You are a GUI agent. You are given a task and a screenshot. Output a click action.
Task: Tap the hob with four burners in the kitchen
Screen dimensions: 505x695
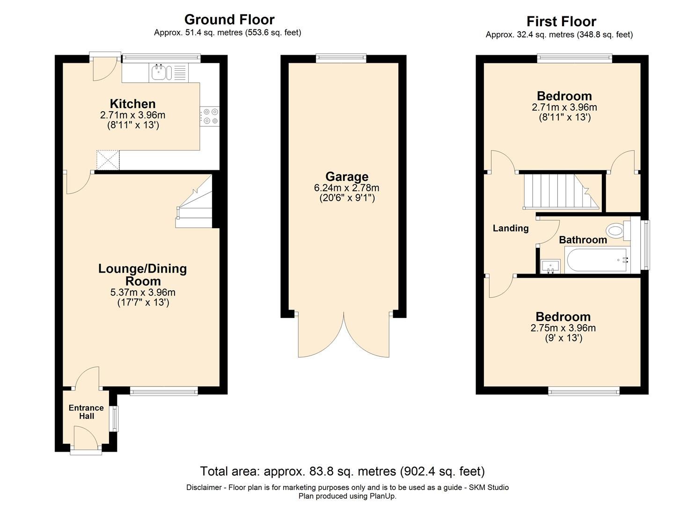coord(210,116)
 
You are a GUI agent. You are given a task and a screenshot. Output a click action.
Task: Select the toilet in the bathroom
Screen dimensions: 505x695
coord(617,231)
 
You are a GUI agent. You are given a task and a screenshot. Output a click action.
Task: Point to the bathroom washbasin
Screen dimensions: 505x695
coord(551,266)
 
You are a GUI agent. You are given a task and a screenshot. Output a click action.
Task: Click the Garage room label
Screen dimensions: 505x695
coord(347,177)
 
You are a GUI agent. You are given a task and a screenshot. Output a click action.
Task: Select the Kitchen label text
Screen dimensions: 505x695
coord(132,104)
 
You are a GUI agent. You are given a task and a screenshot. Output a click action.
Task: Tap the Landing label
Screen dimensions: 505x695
coord(511,228)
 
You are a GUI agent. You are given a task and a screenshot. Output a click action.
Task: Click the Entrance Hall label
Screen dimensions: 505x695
coord(86,412)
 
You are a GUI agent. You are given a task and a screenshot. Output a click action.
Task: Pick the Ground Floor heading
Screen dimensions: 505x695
coord(229,20)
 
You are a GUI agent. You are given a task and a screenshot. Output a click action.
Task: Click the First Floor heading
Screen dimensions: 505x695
coord(561,22)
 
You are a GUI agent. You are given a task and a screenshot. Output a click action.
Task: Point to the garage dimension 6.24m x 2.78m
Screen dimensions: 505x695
coord(347,188)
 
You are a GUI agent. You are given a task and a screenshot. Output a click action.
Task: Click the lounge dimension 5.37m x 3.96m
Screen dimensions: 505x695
coord(143,292)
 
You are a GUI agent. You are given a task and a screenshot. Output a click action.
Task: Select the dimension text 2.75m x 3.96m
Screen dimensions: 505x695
coord(563,328)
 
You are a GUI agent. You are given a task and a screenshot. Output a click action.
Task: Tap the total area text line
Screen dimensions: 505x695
coord(342,471)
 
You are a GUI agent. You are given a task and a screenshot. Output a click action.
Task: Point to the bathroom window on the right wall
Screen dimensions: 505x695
coord(646,245)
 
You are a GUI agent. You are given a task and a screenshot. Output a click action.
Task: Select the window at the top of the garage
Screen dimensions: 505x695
coord(341,58)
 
